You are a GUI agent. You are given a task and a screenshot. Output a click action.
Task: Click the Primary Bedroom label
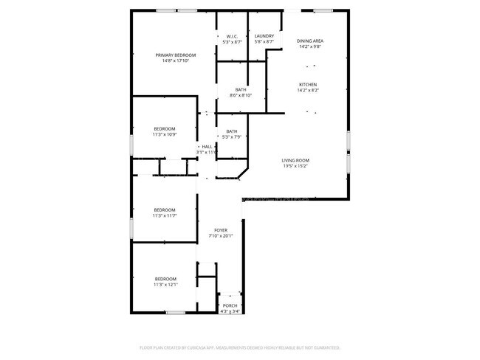(176, 55)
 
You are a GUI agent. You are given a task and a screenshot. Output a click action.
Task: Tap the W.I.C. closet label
(233, 36)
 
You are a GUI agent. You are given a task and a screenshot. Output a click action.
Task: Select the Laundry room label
(264, 36)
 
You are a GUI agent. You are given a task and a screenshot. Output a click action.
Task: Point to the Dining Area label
(310, 41)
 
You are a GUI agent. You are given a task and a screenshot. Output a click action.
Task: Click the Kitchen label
(308, 85)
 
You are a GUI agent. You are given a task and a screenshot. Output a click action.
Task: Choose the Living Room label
(295, 161)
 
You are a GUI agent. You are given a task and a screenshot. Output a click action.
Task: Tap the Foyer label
(222, 231)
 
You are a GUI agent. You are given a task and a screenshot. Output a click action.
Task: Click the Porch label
(230, 306)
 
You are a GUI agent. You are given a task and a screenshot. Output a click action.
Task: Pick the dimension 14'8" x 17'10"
(176, 60)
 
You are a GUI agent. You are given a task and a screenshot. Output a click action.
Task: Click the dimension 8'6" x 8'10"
(241, 95)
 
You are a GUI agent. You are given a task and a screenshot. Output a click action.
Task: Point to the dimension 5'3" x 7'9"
(232, 136)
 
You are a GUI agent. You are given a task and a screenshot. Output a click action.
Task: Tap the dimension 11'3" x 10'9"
(165, 134)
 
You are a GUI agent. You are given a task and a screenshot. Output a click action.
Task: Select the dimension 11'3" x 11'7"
(165, 215)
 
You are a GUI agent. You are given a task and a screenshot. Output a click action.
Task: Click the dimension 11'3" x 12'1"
(165, 284)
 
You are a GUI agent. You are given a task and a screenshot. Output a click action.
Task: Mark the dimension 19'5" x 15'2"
(295, 166)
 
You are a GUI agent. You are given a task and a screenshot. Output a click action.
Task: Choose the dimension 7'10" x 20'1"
(222, 236)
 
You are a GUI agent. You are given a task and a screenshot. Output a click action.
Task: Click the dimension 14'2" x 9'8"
(310, 46)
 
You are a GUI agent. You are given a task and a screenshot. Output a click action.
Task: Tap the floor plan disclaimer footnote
(240, 347)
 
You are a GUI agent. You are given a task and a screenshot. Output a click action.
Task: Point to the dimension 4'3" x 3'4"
(230, 311)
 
